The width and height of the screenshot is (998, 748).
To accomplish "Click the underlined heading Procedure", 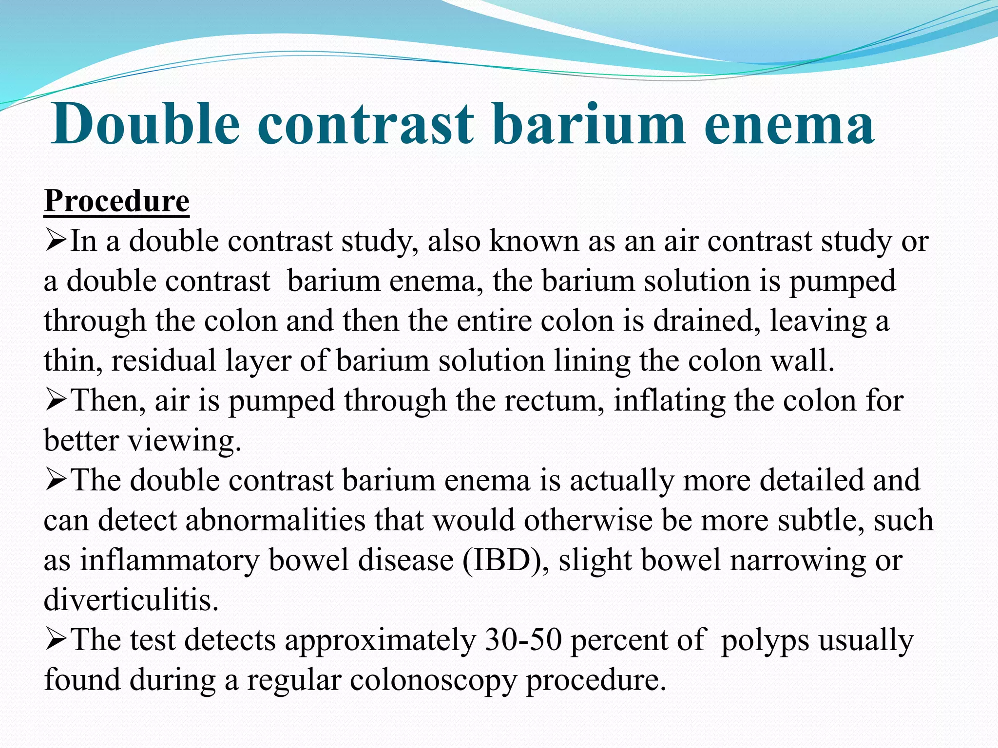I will tap(116, 201).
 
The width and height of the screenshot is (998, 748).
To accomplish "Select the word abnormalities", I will tap(275, 520).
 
